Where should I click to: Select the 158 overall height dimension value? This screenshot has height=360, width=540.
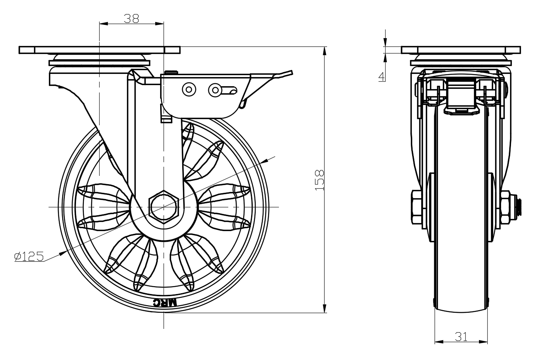(x=319, y=180)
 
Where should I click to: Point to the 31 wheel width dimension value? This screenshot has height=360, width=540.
(x=461, y=336)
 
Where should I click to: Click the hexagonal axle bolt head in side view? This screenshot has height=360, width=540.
(x=164, y=206)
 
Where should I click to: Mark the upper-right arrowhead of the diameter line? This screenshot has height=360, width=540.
(x=266, y=161)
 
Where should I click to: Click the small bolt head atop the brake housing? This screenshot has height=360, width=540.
(x=170, y=73)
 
